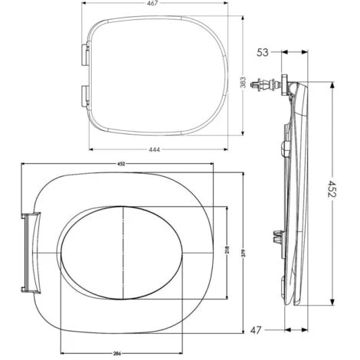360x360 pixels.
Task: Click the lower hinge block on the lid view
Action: (84, 96)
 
